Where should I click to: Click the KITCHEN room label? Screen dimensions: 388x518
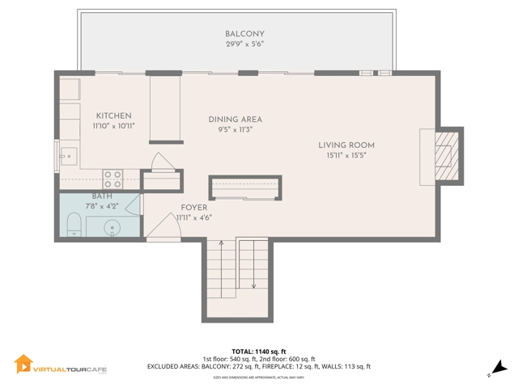click(113, 116)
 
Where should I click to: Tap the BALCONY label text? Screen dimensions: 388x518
click(244, 33)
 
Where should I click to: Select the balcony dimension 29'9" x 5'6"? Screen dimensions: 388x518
click(244, 44)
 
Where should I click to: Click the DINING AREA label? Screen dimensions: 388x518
click(235, 119)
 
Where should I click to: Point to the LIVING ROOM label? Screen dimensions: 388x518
click(350, 145)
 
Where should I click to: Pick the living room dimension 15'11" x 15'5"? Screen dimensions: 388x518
click(350, 156)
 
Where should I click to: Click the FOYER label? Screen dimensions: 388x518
click(195, 207)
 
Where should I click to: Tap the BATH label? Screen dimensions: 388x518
click(102, 196)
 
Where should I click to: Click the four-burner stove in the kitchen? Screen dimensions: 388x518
click(113, 176)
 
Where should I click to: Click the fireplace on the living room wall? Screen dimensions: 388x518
click(443, 155)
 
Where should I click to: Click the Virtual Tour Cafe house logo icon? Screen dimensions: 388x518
click(23, 365)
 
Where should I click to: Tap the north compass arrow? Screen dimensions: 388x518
click(499, 367)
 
